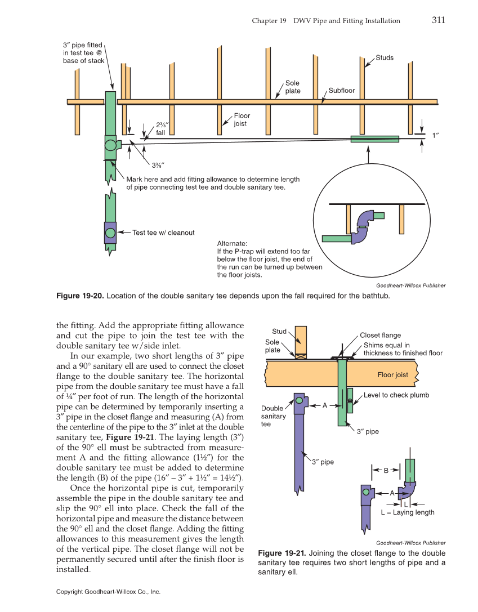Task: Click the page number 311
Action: click(439, 20)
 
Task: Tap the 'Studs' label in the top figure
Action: click(385, 57)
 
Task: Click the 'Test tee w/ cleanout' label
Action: click(163, 233)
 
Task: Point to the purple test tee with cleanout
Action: click(110, 233)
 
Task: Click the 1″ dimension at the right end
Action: click(435, 136)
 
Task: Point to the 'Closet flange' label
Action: click(380, 336)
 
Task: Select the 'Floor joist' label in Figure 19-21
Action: click(392, 375)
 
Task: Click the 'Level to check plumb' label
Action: click(396, 395)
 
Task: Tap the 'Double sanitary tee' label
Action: click(273, 416)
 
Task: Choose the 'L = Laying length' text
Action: click(407, 512)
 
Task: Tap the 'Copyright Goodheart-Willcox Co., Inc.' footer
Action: click(109, 592)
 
